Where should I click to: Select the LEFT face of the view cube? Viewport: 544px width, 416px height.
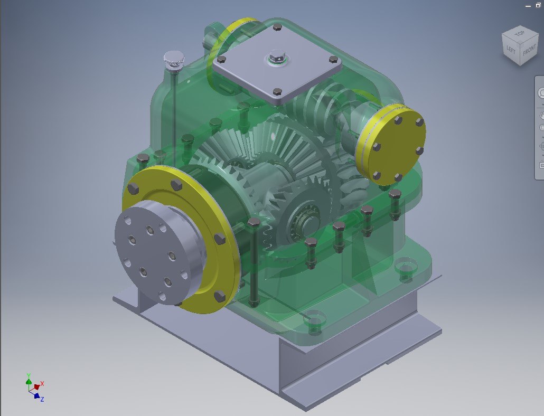tap(511, 51)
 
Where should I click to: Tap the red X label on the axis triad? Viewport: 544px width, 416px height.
tap(42, 383)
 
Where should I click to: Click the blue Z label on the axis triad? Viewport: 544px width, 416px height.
tap(42, 400)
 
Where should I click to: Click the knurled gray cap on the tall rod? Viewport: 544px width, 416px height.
tap(173, 59)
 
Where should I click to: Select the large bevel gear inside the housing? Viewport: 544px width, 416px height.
tap(264, 158)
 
